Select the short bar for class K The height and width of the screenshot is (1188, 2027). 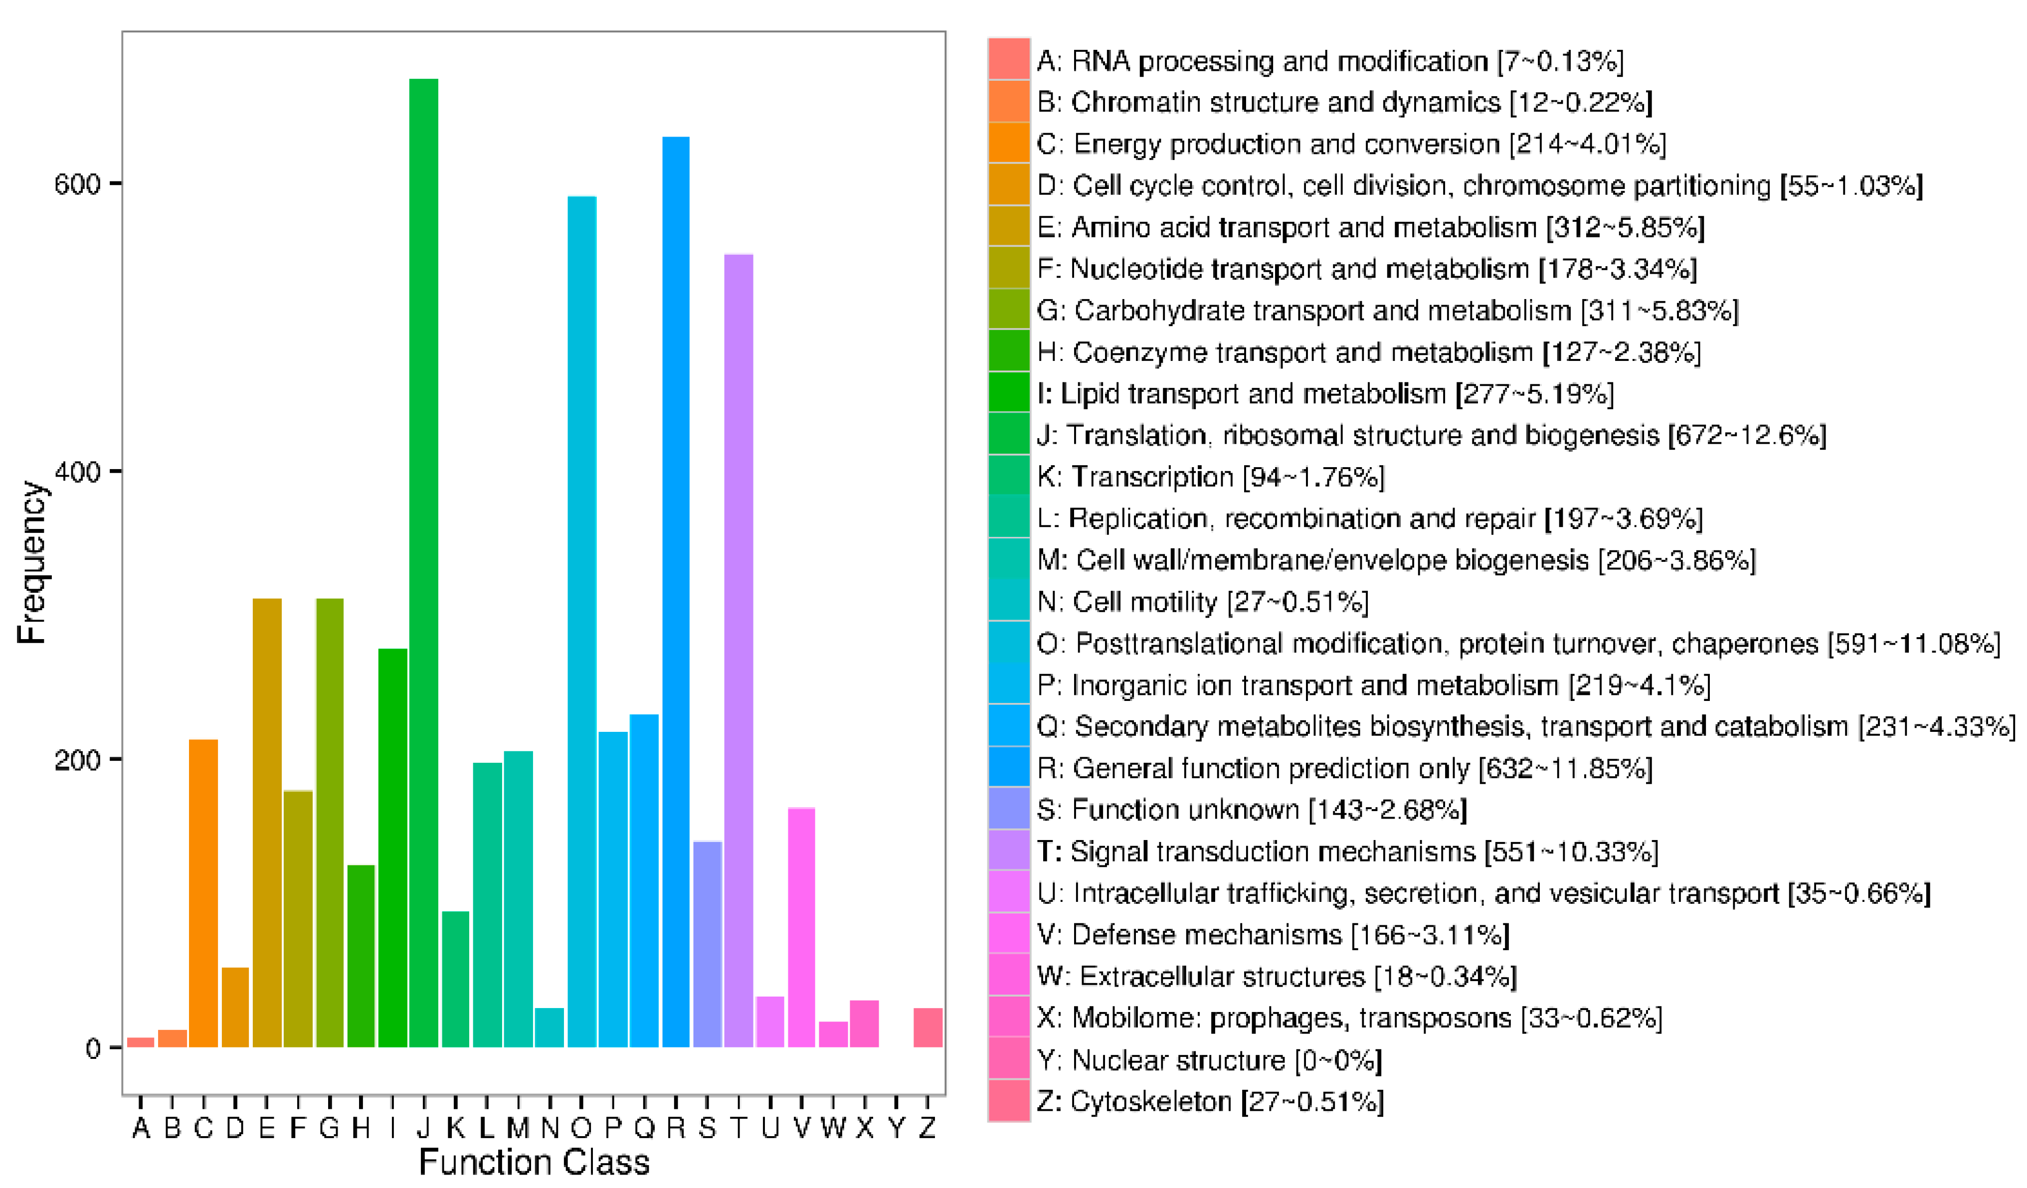pyautogui.click(x=455, y=979)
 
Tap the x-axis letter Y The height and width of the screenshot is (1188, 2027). pyautogui.click(x=896, y=1129)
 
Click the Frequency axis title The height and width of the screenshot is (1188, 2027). pyautogui.click(x=32, y=563)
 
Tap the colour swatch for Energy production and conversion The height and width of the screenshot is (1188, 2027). pyautogui.click(x=1009, y=143)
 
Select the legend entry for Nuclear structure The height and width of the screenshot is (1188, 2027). pyautogui.click(x=1208, y=1060)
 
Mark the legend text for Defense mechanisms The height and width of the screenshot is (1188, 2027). pyautogui.click(x=1273, y=935)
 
